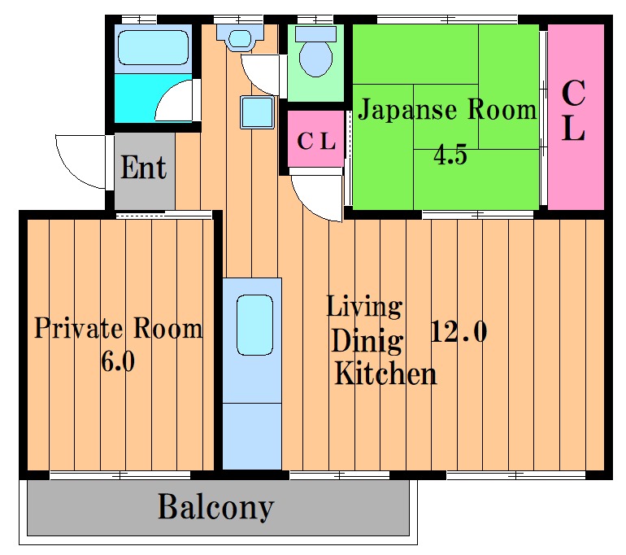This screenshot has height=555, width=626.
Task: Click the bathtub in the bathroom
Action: coord(154,48)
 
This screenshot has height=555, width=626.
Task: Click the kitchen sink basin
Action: coord(254,325)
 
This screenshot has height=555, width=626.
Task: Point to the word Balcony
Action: coord(216,508)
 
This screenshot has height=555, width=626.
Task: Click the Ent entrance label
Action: coord(143,168)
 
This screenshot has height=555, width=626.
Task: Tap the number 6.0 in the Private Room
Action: coord(118,361)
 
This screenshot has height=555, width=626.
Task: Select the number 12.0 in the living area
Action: coord(459,331)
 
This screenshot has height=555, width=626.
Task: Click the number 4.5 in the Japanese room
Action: coord(450,155)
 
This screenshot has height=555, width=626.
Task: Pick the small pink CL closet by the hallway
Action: coord(315,138)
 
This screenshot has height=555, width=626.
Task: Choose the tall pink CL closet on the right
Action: coord(576,116)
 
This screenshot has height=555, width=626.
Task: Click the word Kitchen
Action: coord(385,374)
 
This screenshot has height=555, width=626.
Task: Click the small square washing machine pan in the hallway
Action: coord(257,111)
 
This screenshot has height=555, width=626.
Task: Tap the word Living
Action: coord(364,307)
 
